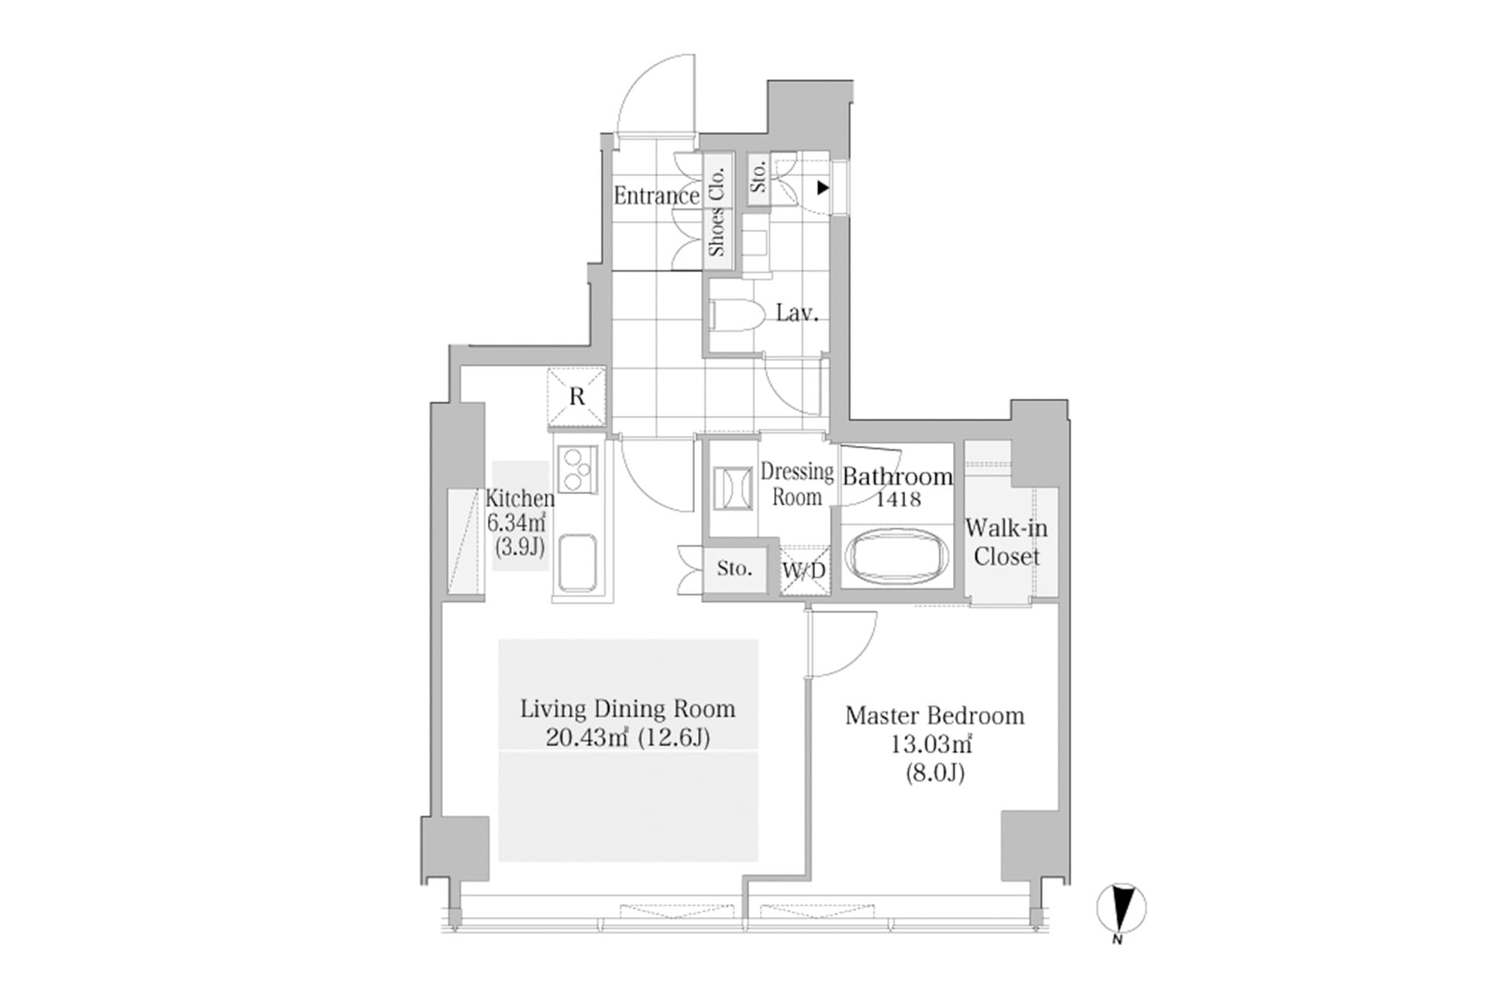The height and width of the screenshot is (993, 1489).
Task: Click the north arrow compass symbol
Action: click(1121, 908)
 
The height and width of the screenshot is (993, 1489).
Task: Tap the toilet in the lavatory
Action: click(732, 315)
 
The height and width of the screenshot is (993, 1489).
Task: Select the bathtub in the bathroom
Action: click(897, 556)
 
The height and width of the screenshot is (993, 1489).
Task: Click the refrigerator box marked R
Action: click(576, 397)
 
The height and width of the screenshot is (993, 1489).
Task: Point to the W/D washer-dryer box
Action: click(804, 571)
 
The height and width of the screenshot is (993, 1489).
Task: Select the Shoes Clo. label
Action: click(717, 211)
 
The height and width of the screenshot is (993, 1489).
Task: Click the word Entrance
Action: click(656, 195)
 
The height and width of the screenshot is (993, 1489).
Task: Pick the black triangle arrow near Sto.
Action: click(823, 188)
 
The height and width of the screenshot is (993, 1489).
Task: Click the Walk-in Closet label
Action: click(1006, 542)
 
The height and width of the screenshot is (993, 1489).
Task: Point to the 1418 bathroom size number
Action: click(898, 499)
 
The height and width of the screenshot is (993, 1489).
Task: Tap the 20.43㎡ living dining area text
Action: click(586, 737)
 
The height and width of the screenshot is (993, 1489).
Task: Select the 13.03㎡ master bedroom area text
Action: click(931, 745)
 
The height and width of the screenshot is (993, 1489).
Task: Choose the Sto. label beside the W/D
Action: click(734, 569)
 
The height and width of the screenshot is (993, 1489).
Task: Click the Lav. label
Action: click(797, 313)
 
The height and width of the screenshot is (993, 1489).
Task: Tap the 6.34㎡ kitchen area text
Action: click(517, 522)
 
